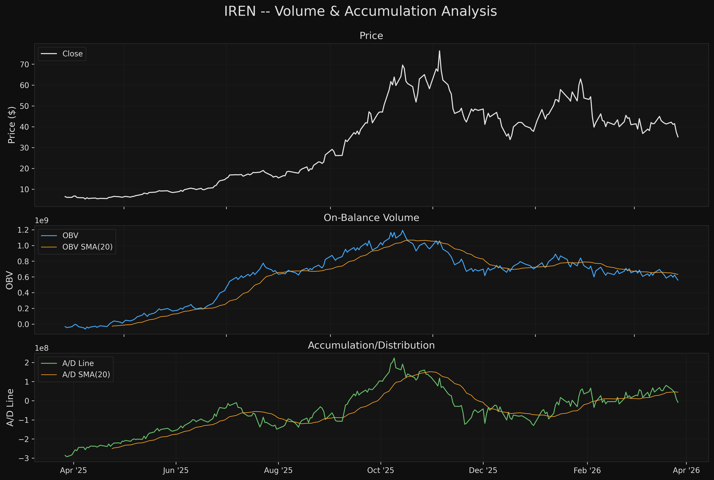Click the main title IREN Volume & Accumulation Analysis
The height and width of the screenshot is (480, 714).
click(360, 11)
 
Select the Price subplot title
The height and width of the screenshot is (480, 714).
click(371, 36)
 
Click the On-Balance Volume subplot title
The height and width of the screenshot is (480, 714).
click(371, 218)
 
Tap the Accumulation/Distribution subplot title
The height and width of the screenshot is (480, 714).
click(371, 345)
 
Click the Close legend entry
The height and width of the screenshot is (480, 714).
click(72, 54)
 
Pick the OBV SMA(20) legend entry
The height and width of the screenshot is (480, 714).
click(87, 247)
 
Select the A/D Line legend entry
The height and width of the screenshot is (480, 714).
click(78, 363)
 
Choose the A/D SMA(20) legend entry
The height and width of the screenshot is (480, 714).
click(86, 375)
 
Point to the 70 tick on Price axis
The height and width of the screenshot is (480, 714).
click(24, 64)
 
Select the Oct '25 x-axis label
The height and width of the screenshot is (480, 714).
click(380, 471)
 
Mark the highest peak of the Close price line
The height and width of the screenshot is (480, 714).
click(439, 51)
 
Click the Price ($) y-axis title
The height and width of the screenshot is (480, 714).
click(12, 125)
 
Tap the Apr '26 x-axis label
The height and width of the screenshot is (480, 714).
click(686, 471)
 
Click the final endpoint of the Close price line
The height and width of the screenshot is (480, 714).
click(678, 137)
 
